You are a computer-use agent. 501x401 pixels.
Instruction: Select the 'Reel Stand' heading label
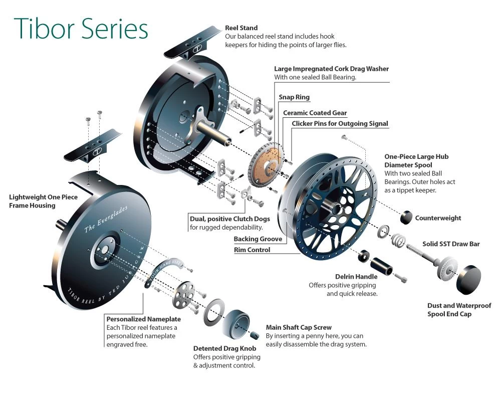point(241,28)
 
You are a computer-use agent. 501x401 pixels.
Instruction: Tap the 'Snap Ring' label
point(294,97)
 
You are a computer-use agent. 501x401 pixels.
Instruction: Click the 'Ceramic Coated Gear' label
point(315,113)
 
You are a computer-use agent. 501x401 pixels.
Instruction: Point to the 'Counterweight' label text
point(438,218)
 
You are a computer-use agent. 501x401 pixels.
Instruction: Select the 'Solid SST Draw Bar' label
point(451,244)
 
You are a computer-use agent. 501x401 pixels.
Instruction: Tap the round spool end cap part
point(468,280)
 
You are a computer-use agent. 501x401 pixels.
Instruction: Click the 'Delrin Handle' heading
point(356,276)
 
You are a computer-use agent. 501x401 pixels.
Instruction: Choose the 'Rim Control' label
point(252,250)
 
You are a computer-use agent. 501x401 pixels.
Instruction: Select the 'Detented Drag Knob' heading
point(224,348)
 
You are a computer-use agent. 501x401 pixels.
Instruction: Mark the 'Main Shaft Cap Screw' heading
point(299,327)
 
